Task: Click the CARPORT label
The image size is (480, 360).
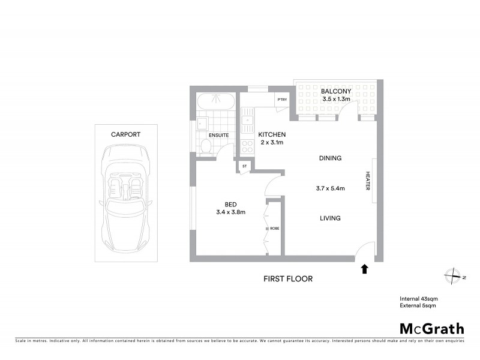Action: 125,134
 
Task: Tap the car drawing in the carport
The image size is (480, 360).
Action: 125,198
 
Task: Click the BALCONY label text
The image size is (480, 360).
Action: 335,91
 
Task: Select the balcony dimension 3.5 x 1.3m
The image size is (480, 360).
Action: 335,99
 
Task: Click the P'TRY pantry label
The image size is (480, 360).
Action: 281,100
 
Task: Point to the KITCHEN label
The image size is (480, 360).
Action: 272,134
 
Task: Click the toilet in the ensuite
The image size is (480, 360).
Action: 205,146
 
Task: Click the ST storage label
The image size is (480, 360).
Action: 244,166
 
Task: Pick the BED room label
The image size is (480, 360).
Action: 230,204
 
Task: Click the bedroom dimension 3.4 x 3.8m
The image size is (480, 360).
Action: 230,212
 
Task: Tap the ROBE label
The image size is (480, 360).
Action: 275,229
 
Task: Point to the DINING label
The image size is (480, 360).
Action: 330,158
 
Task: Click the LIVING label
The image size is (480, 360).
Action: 330,218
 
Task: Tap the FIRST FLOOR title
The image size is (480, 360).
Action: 288,279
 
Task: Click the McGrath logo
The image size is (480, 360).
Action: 432,328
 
